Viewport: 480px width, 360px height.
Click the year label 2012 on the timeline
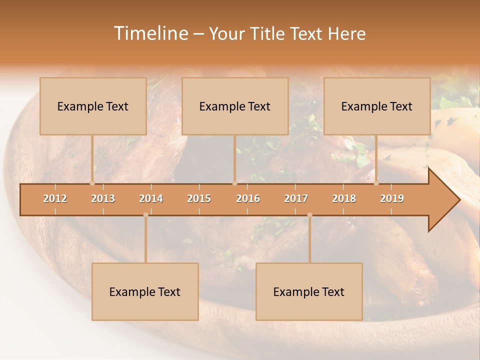click(x=55, y=198)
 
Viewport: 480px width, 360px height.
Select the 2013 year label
click(x=103, y=198)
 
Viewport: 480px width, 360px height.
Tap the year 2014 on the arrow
click(x=151, y=198)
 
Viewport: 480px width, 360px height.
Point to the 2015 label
click(x=199, y=198)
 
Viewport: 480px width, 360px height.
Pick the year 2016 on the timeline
click(x=248, y=198)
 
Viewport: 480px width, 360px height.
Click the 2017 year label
click(x=296, y=198)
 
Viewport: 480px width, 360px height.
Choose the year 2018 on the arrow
click(x=344, y=198)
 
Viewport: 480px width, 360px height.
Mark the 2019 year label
click(x=392, y=198)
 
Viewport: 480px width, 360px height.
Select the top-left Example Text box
click(x=93, y=106)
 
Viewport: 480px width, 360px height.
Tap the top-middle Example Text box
click(x=235, y=106)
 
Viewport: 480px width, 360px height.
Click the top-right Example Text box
click(x=377, y=106)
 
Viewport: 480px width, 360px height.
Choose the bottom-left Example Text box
click(x=145, y=292)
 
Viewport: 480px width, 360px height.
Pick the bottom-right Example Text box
click(x=309, y=292)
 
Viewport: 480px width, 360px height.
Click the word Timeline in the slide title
click(x=150, y=33)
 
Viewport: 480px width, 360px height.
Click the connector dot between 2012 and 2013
click(x=92, y=183)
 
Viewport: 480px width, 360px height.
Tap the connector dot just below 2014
click(x=145, y=215)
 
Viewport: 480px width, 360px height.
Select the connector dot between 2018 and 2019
click(x=376, y=183)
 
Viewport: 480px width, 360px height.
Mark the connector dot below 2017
click(x=309, y=215)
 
